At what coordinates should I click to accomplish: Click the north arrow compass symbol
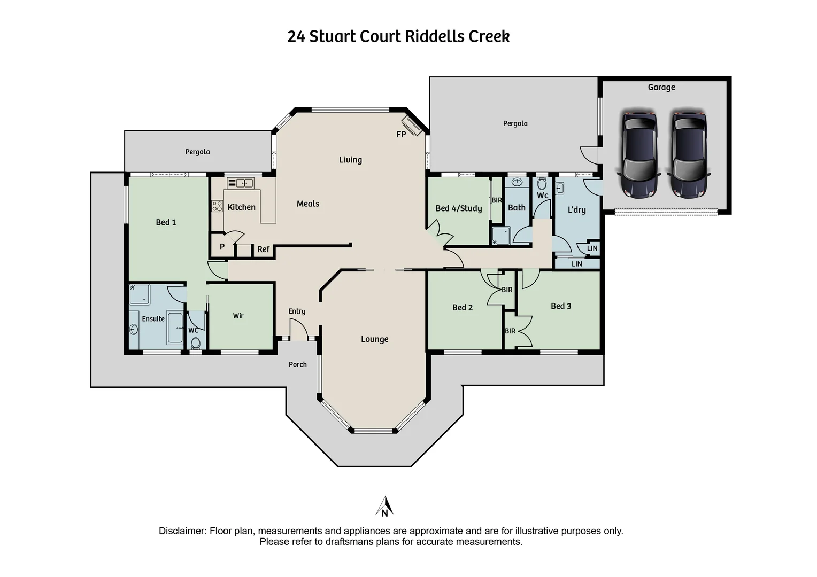point(384,506)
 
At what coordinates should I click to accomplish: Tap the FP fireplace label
point(401,135)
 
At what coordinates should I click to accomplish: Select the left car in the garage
point(639,154)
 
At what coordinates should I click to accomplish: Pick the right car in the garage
point(689,154)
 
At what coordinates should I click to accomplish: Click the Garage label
point(661,87)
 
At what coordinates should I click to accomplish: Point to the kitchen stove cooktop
point(218,206)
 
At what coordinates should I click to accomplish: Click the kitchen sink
point(241,183)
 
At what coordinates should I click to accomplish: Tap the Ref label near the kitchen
point(264,249)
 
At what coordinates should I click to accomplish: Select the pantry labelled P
point(222,247)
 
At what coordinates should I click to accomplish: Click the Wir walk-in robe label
point(238,316)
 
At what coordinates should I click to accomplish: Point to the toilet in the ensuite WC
point(196,342)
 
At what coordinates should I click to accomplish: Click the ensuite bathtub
point(175,328)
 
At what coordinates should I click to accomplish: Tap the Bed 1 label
point(166,222)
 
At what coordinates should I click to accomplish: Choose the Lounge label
point(375,339)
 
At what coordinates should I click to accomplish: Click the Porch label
point(298,364)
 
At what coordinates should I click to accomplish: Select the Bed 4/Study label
point(459,208)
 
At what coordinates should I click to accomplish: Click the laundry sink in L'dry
point(560,188)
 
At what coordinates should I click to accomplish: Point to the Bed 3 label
point(561,306)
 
